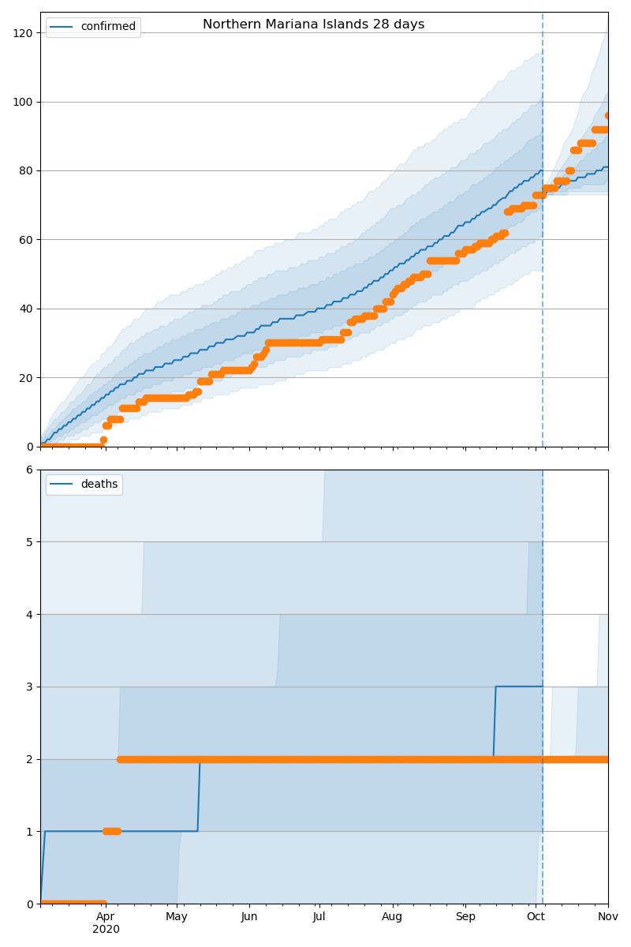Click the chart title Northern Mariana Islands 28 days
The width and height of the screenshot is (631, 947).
pos(313,24)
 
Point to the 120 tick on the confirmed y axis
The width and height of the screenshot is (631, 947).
pos(23,33)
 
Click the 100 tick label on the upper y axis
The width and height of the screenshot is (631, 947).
pos(23,102)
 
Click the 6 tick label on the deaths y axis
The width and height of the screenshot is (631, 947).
pos(29,470)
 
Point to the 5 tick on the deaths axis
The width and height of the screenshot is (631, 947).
pos(29,542)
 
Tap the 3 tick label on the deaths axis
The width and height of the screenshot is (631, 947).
pos(29,687)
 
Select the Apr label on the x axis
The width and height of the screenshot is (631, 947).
pos(106,917)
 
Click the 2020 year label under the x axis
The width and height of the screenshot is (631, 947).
pos(106,930)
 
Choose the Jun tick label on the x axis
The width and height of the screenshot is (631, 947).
pos(249,917)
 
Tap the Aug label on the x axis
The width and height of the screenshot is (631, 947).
pos(392,917)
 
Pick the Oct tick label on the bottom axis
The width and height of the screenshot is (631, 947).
pos(536,917)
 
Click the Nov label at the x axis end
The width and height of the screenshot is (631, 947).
pos(608,917)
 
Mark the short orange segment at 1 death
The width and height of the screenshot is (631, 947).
pos(111,831)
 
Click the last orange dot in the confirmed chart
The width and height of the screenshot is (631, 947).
pos(608,115)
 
